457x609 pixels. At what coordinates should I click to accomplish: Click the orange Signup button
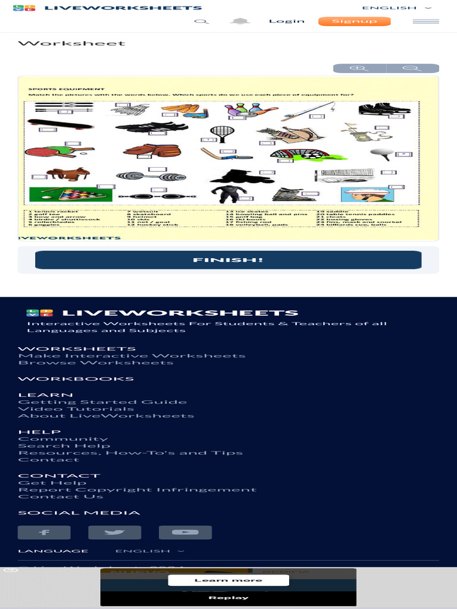click(354, 21)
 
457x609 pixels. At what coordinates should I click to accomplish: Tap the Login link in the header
click(286, 21)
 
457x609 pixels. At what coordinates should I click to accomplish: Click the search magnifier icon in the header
click(202, 21)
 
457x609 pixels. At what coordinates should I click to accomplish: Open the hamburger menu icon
click(425, 21)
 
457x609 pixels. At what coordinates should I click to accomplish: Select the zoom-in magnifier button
click(359, 68)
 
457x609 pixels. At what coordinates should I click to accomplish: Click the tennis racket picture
click(221, 133)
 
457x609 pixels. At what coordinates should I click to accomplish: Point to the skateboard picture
click(60, 124)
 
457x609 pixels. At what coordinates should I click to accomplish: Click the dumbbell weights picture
click(151, 176)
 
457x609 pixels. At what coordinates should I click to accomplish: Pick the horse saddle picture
click(68, 174)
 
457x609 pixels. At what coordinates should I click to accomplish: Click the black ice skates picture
click(384, 109)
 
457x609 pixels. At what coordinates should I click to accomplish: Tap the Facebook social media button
click(44, 532)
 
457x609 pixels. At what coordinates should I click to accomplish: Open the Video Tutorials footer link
click(76, 409)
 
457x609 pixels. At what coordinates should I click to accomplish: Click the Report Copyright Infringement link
click(137, 490)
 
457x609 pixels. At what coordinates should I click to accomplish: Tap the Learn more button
click(228, 580)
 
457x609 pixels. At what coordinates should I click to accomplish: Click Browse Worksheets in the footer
click(96, 363)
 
